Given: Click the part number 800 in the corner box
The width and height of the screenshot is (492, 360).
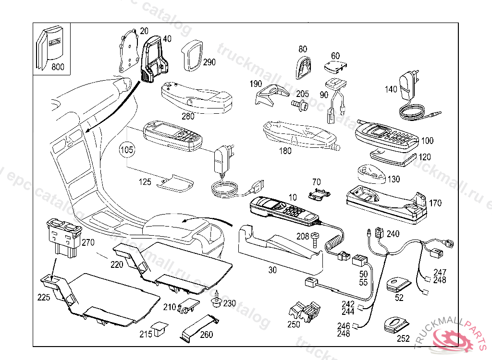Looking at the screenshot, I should coord(58,67).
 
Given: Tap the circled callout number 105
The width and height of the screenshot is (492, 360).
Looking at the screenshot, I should coord(127,150).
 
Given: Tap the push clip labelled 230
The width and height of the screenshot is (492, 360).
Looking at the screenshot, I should coord(216,302).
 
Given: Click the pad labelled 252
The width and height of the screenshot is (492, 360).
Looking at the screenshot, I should coord(395,325).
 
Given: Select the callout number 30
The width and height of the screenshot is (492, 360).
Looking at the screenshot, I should coord(272,270).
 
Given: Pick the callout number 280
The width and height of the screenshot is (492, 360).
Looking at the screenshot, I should coord(188,116).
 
